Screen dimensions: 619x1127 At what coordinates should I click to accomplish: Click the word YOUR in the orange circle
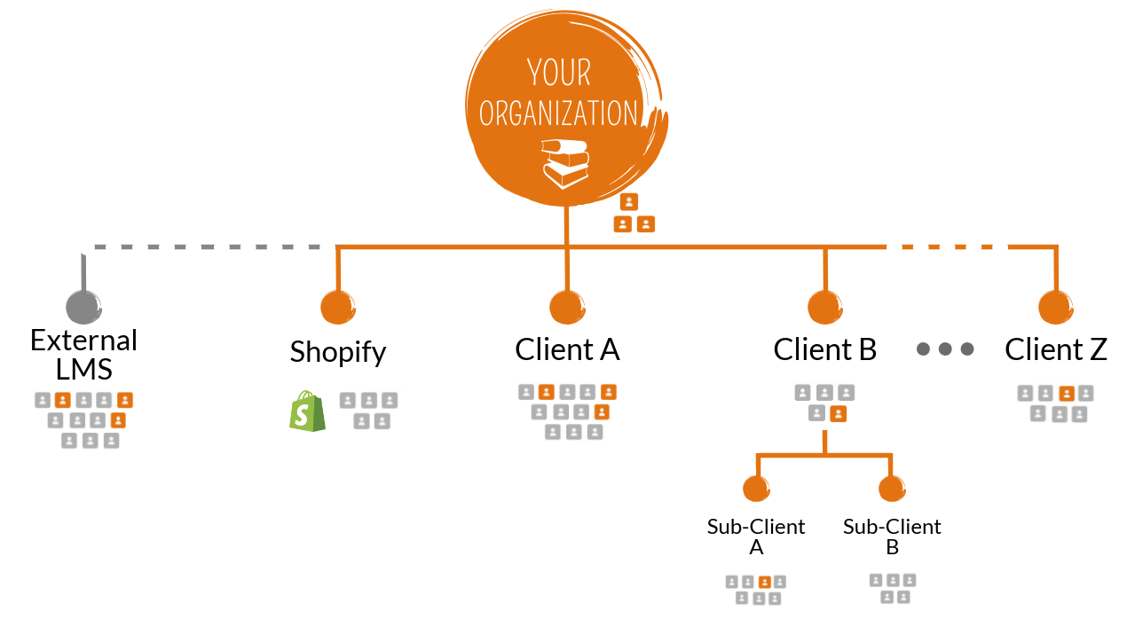click(x=559, y=72)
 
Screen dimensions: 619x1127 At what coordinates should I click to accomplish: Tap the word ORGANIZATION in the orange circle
click(x=558, y=114)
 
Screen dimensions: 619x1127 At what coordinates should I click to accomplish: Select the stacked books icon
click(x=565, y=162)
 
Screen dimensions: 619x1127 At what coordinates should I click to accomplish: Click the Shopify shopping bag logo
click(x=307, y=411)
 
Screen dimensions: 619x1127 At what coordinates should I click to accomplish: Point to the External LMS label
click(x=84, y=353)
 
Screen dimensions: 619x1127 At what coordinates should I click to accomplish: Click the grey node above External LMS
click(x=84, y=307)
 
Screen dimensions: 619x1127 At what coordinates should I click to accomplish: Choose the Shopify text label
click(x=338, y=352)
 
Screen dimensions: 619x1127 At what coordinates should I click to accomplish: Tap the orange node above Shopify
click(x=338, y=307)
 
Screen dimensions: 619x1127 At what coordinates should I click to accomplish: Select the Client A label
click(x=567, y=349)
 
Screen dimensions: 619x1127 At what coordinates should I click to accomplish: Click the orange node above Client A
click(x=567, y=307)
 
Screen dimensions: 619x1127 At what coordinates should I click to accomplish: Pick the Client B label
click(x=825, y=349)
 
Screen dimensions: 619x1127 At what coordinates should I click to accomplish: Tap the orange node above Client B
click(x=825, y=307)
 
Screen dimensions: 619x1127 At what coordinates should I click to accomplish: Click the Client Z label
click(x=1056, y=349)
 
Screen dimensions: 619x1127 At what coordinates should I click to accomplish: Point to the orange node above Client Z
click(x=1056, y=307)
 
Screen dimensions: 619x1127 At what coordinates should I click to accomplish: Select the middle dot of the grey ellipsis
click(x=945, y=349)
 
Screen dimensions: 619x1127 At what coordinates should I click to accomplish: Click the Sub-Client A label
click(x=756, y=537)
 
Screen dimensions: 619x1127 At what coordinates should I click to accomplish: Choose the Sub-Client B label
click(x=892, y=537)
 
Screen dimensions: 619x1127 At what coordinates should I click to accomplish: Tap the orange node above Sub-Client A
click(x=756, y=488)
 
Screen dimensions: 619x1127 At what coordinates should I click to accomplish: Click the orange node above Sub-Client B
click(x=891, y=488)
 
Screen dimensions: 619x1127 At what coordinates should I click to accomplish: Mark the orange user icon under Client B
click(x=838, y=413)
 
